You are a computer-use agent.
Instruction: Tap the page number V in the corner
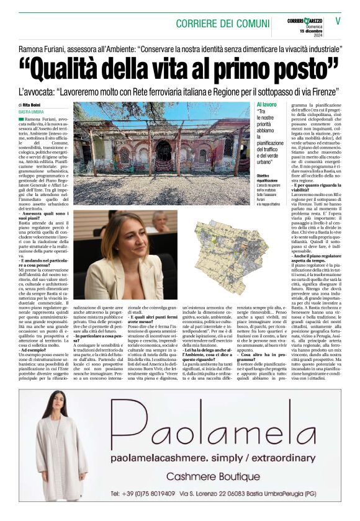click(338, 20)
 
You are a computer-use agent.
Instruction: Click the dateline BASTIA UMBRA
click(30, 112)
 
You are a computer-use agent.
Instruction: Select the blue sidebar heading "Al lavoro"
click(266, 105)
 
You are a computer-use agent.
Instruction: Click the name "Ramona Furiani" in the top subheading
click(43, 47)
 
